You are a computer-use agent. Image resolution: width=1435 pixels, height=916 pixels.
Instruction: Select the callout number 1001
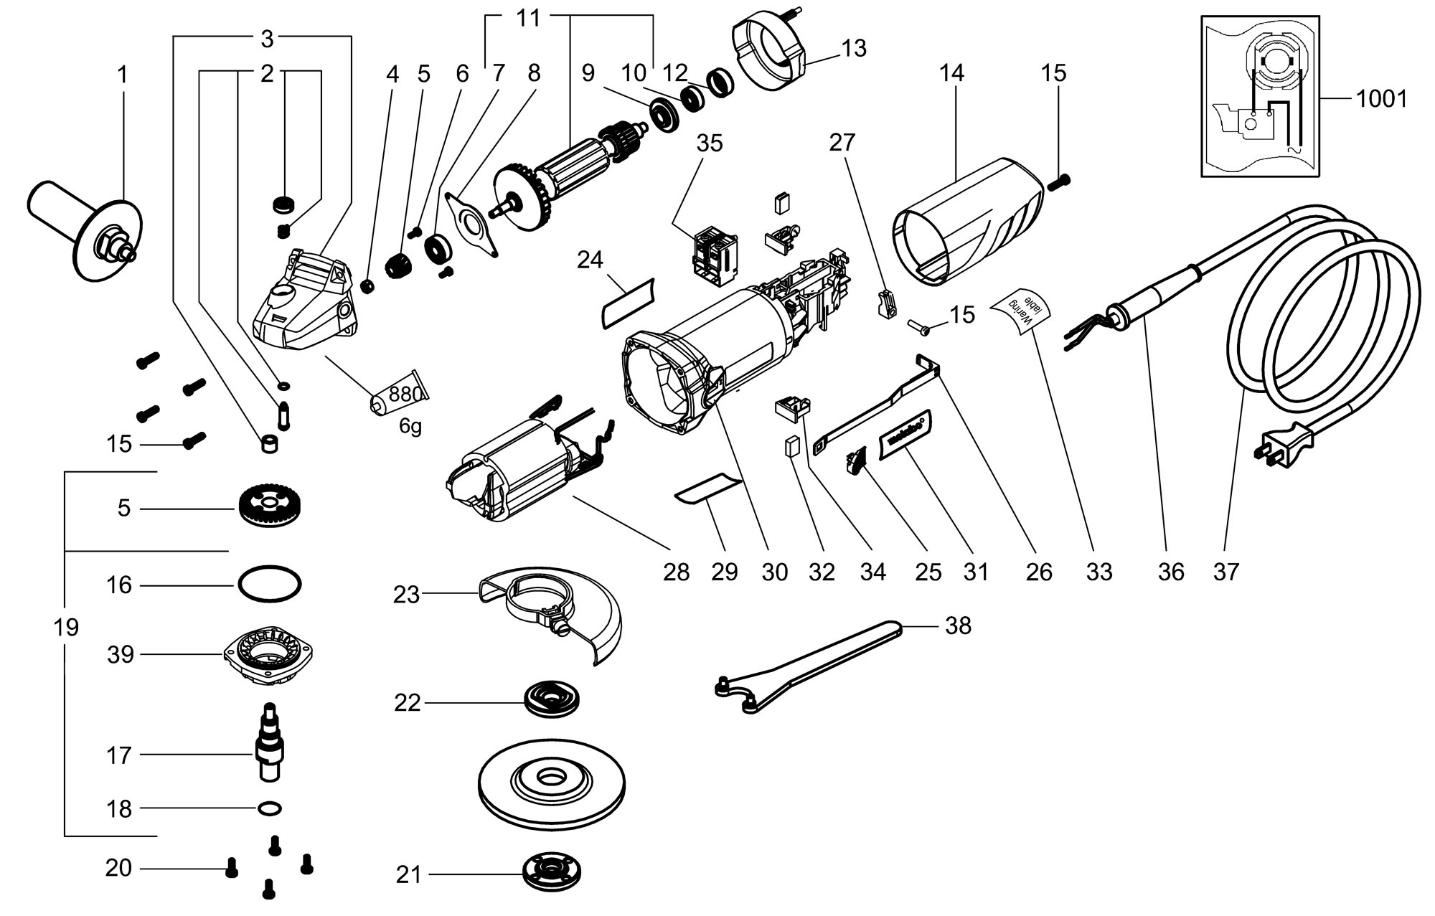pyautogui.click(x=1381, y=98)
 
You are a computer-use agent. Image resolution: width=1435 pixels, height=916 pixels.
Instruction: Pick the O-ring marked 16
pyautogui.click(x=270, y=585)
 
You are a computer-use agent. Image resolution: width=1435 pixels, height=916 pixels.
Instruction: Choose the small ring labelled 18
pyautogui.click(x=269, y=808)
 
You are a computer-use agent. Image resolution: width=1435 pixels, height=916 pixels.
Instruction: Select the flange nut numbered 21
pyautogui.click(x=551, y=872)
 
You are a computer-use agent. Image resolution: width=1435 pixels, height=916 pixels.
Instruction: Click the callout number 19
pyautogui.click(x=66, y=628)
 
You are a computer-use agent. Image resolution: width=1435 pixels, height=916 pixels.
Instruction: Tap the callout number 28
pyautogui.click(x=676, y=572)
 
